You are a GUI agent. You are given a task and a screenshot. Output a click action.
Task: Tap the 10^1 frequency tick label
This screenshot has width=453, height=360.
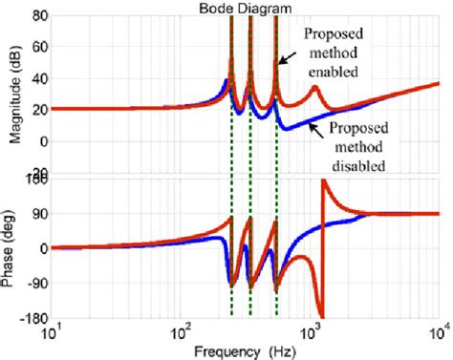point(52,333)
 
